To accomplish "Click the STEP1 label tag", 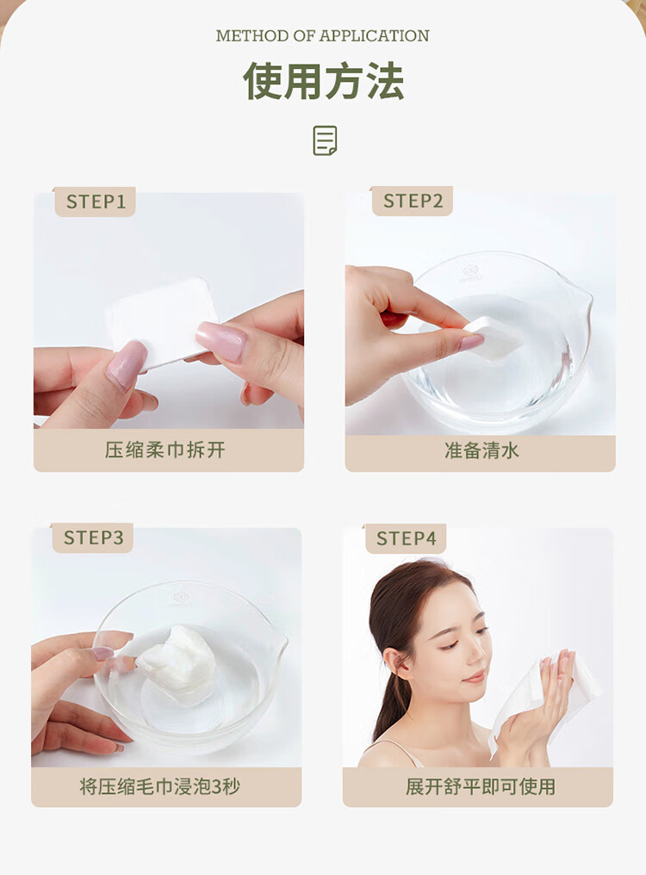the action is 95,202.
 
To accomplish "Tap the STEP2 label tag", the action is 412,201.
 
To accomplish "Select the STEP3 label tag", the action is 93,538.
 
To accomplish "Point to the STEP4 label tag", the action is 406,538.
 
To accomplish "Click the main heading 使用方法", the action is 323,81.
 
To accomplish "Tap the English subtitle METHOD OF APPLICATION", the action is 323,35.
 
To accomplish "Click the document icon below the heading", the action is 325,140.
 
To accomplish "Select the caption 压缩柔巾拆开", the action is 165,450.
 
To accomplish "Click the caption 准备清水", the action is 481,450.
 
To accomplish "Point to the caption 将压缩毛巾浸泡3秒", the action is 159,787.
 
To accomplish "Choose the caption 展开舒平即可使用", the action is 480,787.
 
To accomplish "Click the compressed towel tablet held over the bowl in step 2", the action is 494,336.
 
